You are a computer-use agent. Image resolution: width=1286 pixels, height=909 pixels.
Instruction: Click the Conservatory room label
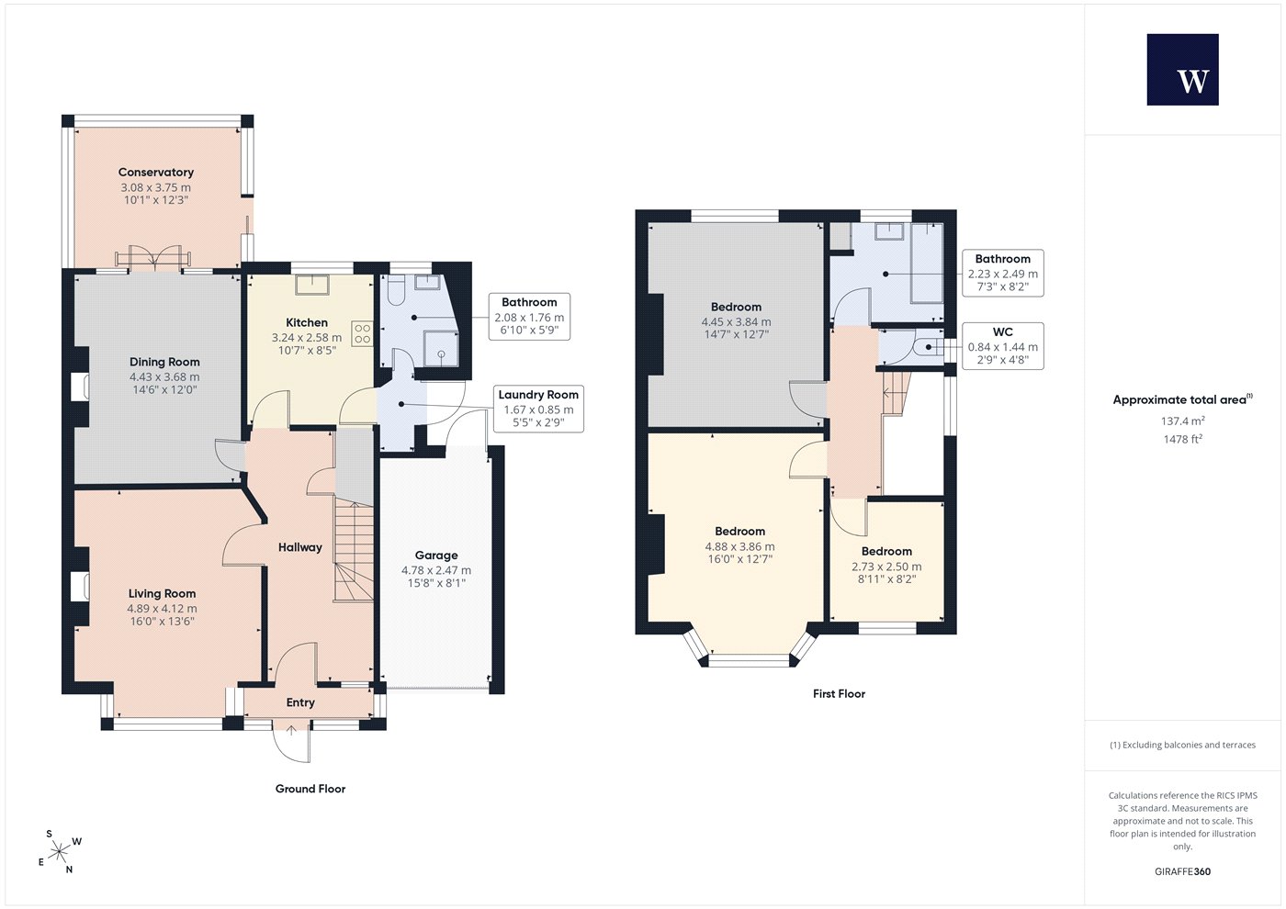tap(155, 173)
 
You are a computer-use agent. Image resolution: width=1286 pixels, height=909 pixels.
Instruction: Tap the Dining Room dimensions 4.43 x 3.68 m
tap(164, 377)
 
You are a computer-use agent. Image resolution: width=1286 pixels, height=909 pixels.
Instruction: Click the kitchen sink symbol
tap(312, 285)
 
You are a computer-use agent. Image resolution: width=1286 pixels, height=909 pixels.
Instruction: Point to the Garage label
tap(436, 555)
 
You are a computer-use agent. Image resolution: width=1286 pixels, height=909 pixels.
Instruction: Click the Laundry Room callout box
tap(538, 409)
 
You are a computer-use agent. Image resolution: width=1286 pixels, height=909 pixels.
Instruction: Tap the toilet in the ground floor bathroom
tap(396, 290)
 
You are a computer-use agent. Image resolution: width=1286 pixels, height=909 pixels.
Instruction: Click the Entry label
tap(300, 702)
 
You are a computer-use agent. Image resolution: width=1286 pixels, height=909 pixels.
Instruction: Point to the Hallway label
tap(300, 547)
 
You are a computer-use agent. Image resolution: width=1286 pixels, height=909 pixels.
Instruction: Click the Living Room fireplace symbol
tap(81, 586)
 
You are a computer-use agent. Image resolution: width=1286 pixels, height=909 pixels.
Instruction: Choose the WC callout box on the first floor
tap(1002, 346)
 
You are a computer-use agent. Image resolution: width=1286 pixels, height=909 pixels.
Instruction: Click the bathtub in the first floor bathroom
tap(927, 264)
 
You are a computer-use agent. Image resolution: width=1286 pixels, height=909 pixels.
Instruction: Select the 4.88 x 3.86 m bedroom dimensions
tap(739, 547)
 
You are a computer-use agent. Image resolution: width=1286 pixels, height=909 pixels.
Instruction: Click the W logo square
tap(1183, 70)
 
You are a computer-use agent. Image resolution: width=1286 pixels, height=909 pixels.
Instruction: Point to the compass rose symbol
tap(59, 852)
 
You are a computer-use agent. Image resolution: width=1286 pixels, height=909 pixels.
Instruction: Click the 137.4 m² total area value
tap(1183, 421)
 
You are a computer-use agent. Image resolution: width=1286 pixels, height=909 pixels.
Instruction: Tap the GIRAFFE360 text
tap(1183, 871)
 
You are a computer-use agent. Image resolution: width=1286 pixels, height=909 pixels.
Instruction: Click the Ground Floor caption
tap(310, 789)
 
